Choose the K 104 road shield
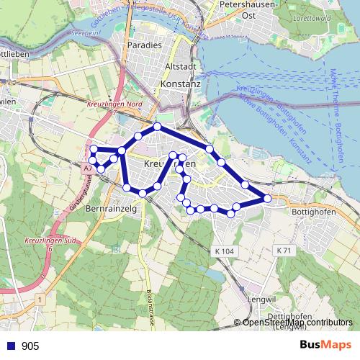[x=225, y=251]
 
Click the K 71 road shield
[x=284, y=250]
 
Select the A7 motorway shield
[x=86, y=167]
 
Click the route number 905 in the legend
[x=30, y=346]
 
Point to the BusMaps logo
[x=325, y=346]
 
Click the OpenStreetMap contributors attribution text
[x=297, y=323]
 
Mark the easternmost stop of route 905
[x=267, y=198]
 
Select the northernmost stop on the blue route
[x=157, y=126]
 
